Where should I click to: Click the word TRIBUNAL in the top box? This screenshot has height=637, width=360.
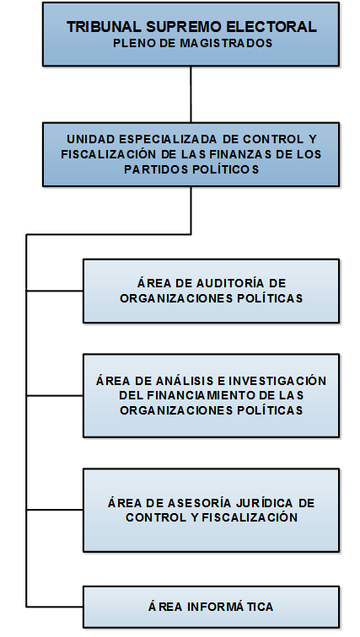point(105,27)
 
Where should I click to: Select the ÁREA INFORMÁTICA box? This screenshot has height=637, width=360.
point(211,607)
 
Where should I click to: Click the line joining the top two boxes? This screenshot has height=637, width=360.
point(191,94)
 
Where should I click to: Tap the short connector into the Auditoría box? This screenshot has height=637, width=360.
point(55,291)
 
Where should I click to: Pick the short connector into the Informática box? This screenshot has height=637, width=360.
point(55,607)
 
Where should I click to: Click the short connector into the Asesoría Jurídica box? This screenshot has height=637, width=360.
point(55,510)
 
